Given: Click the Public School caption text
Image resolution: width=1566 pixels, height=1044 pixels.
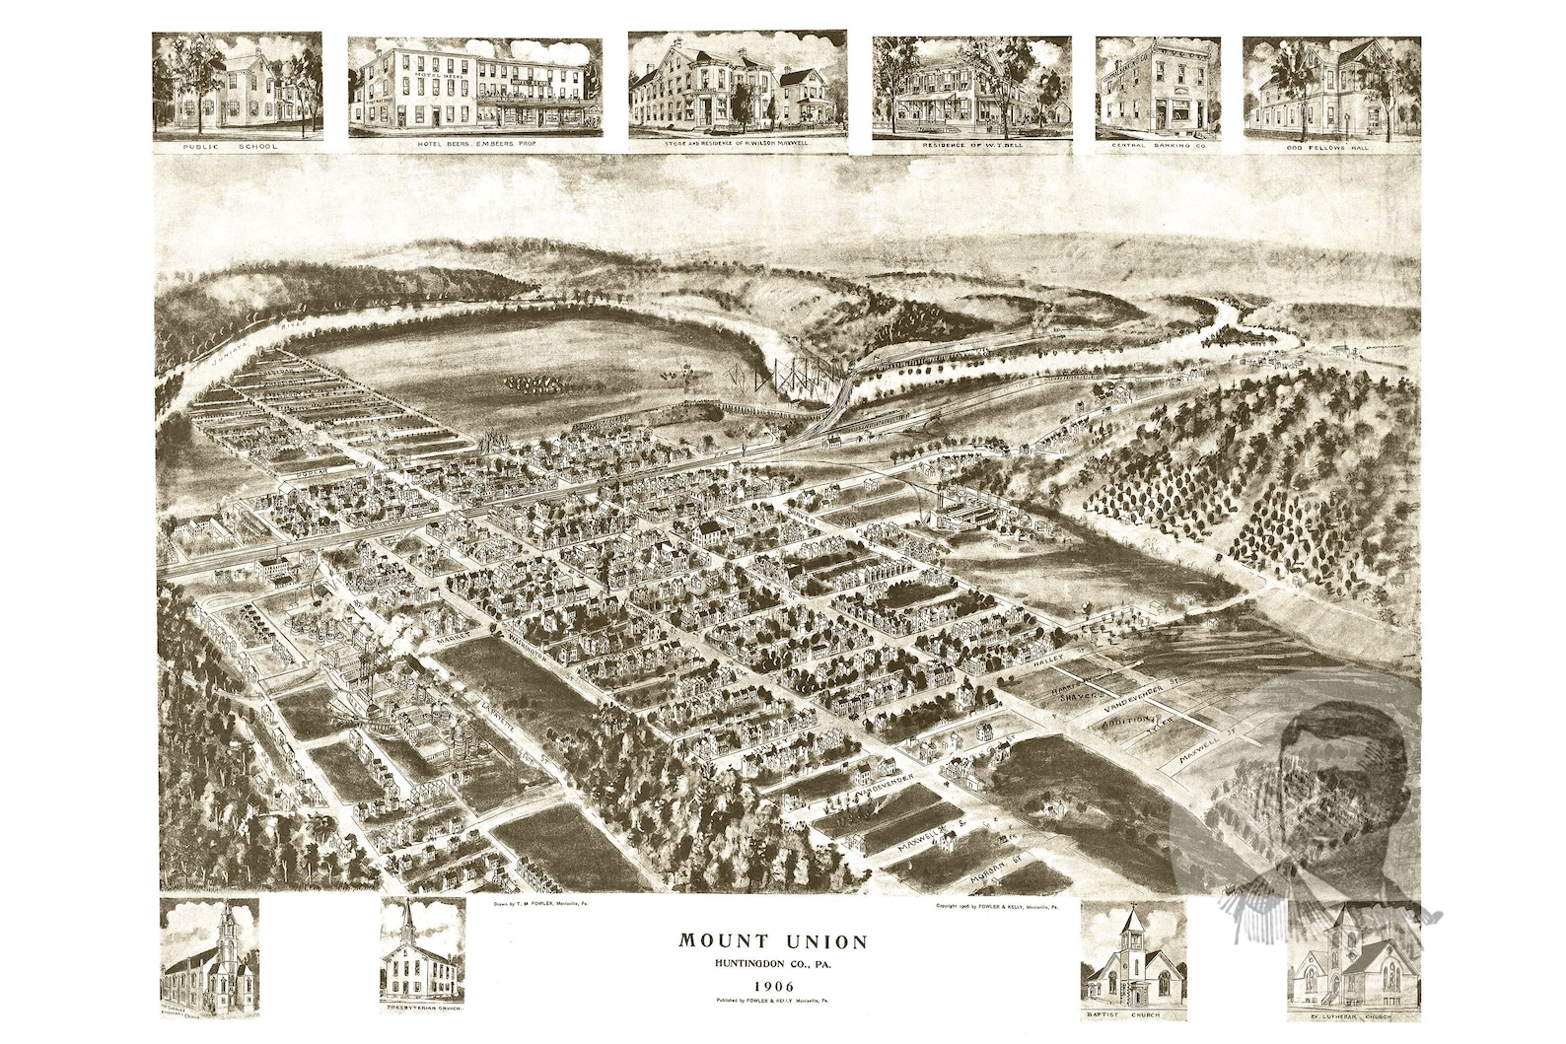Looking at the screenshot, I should pos(237,145).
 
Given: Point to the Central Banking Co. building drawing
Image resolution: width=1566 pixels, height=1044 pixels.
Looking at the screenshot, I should pos(1158,87).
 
